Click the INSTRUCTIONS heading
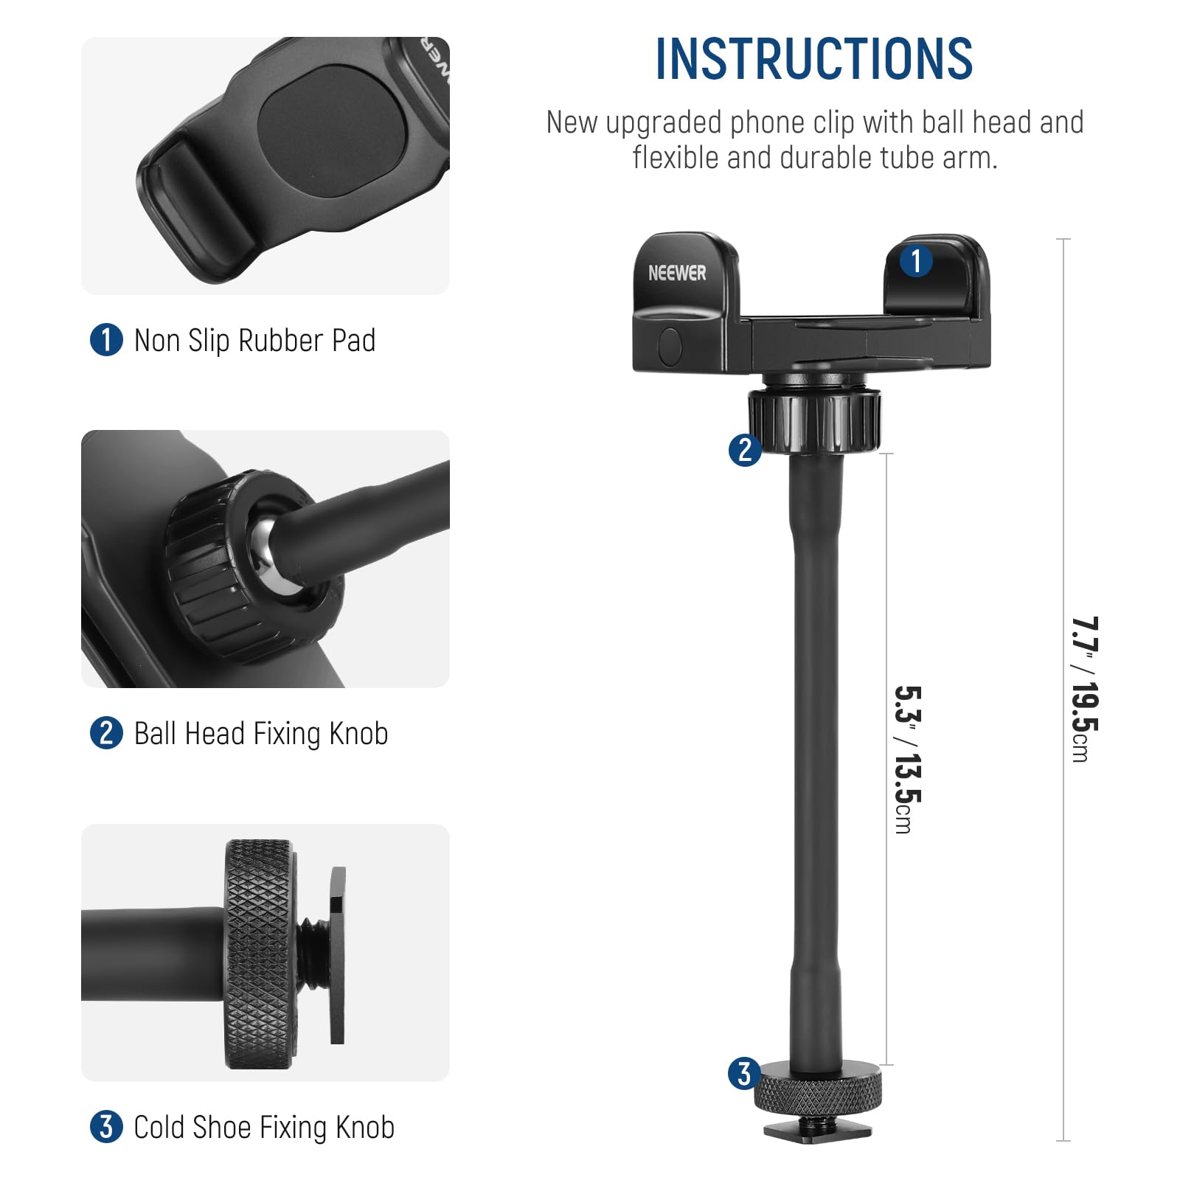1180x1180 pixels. [x=814, y=59]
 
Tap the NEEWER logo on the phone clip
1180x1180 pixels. [x=677, y=273]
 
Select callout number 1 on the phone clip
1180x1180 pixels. [x=917, y=261]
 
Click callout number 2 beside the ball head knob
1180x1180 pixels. [x=745, y=449]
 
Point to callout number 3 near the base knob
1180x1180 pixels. [x=744, y=1074]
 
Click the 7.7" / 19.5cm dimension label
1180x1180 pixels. [x=1084, y=689]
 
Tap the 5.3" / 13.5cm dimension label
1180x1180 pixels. [x=907, y=760]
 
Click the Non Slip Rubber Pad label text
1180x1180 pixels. [x=254, y=341]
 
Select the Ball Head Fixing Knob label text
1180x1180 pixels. [x=261, y=734]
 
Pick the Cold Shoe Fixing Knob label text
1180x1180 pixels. [x=264, y=1128]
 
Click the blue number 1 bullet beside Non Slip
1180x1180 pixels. [x=106, y=340]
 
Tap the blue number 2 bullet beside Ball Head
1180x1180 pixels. [x=106, y=734]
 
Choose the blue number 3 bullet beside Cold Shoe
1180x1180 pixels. [x=106, y=1127]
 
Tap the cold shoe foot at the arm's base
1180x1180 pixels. [x=817, y=1131]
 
